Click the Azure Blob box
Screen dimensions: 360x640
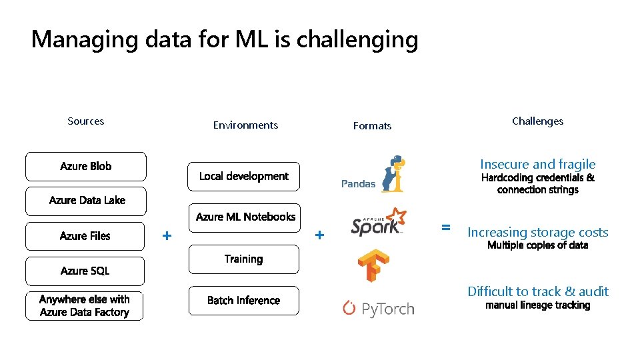tap(85, 167)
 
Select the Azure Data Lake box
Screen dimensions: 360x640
tap(85, 201)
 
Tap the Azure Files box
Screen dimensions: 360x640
tap(85, 236)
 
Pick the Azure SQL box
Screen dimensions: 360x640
tap(85, 271)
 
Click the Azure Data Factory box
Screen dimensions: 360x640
tap(85, 306)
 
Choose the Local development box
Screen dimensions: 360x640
tap(243, 177)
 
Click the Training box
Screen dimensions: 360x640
tap(243, 259)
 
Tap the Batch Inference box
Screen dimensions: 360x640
tap(243, 301)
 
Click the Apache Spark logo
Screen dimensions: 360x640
tap(378, 222)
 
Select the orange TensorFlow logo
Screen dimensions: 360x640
tap(373, 265)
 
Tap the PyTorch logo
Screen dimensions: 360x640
tap(378, 308)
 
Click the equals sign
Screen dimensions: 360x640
tap(445, 227)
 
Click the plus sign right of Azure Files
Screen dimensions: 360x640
tap(167, 235)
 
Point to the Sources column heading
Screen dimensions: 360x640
tap(85, 121)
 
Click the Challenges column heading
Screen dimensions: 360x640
tap(537, 121)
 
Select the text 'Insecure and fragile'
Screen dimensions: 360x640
tap(537, 164)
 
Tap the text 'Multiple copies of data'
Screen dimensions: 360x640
tap(537, 245)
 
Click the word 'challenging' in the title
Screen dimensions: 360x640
tap(357, 40)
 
